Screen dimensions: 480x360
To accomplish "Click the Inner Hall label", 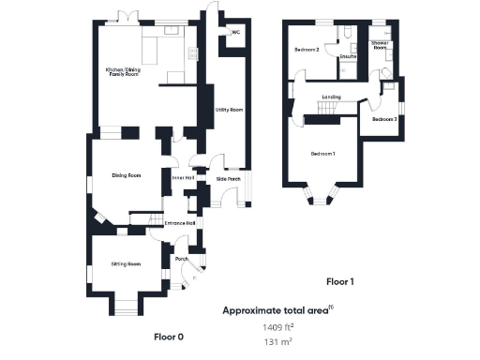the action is coord(183,177).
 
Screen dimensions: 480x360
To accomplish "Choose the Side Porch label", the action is coord(228,178).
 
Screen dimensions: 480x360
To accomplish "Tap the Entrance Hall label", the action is coord(179,222).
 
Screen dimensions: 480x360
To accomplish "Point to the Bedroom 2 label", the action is coord(307,50).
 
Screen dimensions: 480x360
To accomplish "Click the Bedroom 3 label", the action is coord(384,120).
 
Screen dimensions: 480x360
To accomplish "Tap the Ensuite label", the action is coord(348,57).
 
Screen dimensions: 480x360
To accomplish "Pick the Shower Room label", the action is coord(380,45).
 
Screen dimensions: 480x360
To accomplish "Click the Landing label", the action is coord(330,97).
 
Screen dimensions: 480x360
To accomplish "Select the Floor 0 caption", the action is coord(169,335).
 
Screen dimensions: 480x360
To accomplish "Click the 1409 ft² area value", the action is coord(279,327).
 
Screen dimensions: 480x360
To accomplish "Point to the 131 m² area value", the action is coord(279,343).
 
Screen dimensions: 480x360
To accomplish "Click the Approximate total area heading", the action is coord(278,308).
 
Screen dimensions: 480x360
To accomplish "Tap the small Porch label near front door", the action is coord(182,259).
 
